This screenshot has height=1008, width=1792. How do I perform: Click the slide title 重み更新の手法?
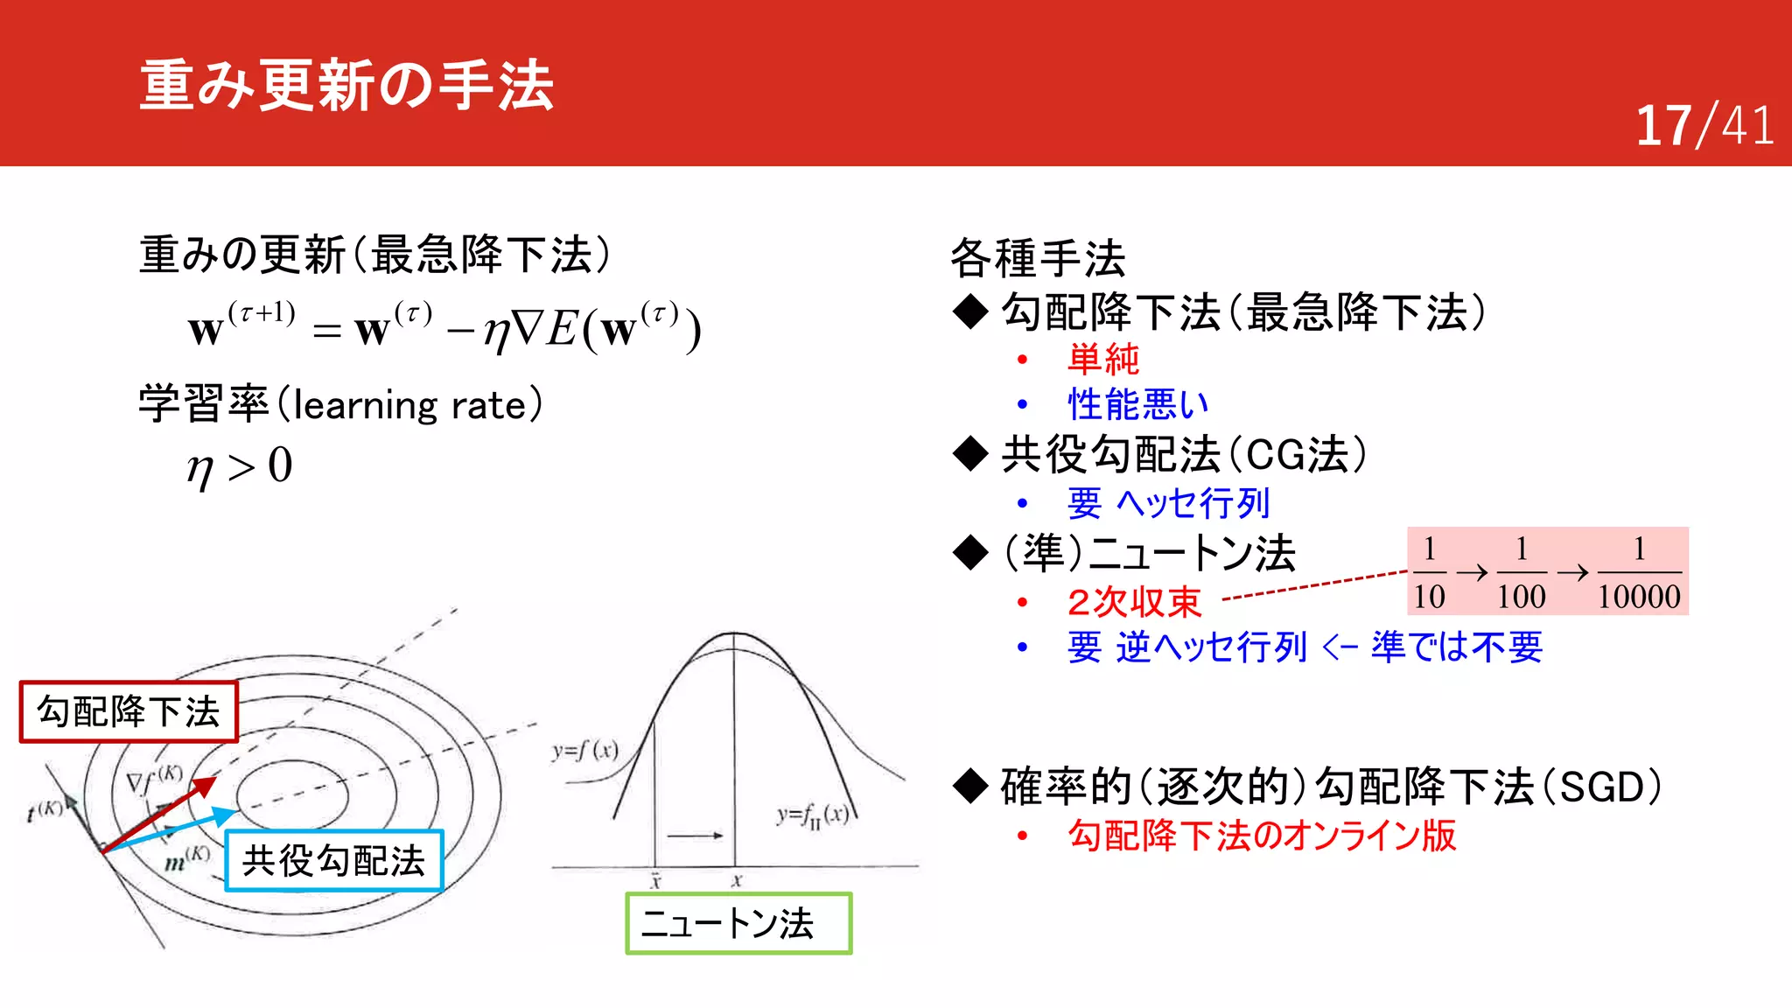pos(346,86)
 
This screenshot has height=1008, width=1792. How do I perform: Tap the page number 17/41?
pos(1704,125)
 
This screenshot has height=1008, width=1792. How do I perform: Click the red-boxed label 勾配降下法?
pos(129,711)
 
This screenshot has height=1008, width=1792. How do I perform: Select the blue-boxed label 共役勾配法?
pos(333,861)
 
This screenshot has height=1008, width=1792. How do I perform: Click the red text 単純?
pos(1103,359)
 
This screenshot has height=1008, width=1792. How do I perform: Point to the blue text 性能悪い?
pos(1138,404)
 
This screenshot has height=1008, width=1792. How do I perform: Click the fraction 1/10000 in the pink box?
pos(1638,572)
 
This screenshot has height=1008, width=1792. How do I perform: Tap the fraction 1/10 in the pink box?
pos(1429,572)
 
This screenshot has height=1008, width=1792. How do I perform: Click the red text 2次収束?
pos(1134,602)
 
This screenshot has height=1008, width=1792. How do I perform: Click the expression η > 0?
pos(239,465)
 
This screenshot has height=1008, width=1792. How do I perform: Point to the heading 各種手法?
pos(1038,258)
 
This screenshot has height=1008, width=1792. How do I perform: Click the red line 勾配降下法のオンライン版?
pos(1261,835)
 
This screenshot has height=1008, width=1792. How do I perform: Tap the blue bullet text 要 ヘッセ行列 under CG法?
pos(1168,503)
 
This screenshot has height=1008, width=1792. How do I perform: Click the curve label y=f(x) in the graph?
pos(584,750)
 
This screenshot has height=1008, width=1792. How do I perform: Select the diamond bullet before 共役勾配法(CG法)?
pos(970,454)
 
